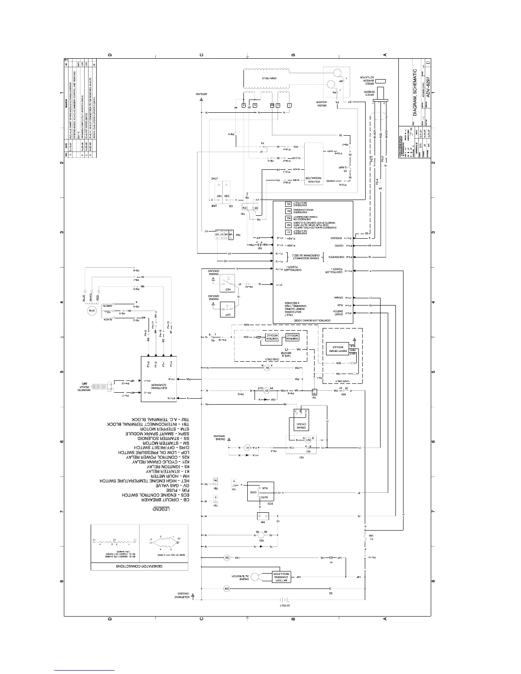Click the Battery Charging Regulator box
(281, 577)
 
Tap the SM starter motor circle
(226, 589)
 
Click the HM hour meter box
(263, 516)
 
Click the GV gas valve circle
(266, 391)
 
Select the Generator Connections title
(139, 567)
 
